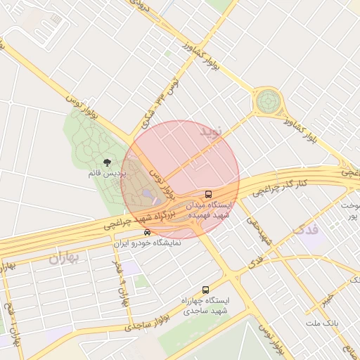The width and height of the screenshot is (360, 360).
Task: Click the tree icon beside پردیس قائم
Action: click(x=107, y=162)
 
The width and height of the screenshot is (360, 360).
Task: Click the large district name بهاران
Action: click(x=66, y=257)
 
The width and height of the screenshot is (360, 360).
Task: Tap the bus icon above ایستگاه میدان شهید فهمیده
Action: click(x=208, y=193)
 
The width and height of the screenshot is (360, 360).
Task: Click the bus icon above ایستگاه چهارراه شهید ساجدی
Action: click(x=205, y=290)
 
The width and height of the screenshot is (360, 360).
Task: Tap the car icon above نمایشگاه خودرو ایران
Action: click(x=146, y=232)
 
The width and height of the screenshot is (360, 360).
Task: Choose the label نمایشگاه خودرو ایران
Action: click(x=148, y=243)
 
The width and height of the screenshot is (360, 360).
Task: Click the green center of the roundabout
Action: click(x=267, y=102)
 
